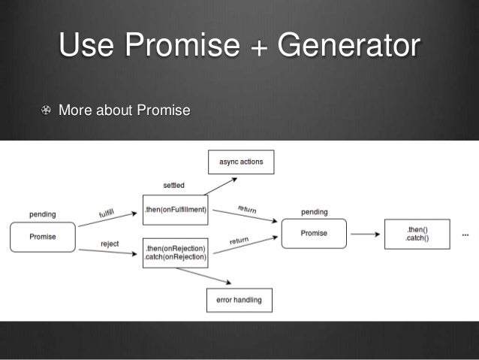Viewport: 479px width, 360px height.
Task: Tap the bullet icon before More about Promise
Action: tap(47, 112)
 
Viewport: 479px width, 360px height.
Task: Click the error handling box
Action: tap(239, 300)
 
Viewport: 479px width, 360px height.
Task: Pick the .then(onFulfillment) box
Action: tap(175, 210)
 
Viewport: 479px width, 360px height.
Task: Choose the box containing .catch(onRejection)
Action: tap(175, 253)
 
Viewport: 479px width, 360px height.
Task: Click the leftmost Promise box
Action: tap(42, 237)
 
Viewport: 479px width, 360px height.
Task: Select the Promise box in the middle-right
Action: tap(314, 234)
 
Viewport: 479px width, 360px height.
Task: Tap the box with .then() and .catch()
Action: tap(417, 233)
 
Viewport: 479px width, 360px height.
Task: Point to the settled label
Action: tap(174, 184)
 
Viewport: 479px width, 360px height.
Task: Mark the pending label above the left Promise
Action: tap(42, 214)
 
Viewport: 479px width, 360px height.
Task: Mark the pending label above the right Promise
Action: tap(314, 211)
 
